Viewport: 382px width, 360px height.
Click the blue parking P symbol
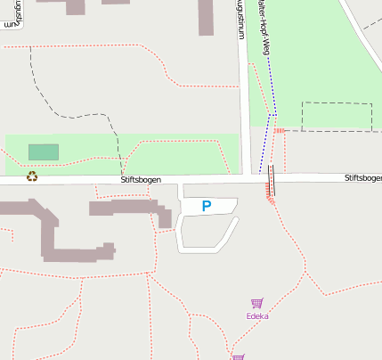(x=207, y=207)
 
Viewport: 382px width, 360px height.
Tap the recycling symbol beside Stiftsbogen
(x=32, y=176)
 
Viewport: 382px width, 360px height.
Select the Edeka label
(x=257, y=315)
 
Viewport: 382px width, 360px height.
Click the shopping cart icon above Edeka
(x=257, y=303)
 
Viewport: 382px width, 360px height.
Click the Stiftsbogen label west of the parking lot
(x=141, y=180)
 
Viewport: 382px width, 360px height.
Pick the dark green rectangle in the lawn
(x=44, y=152)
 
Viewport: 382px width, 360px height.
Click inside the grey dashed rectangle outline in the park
(x=336, y=117)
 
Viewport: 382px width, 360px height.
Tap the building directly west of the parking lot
(x=129, y=209)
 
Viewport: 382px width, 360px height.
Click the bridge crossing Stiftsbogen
(x=271, y=180)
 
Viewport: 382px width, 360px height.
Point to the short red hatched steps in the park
(x=279, y=131)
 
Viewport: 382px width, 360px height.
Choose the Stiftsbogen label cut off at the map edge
(x=363, y=179)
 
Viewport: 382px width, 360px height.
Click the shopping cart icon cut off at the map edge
(x=238, y=356)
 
